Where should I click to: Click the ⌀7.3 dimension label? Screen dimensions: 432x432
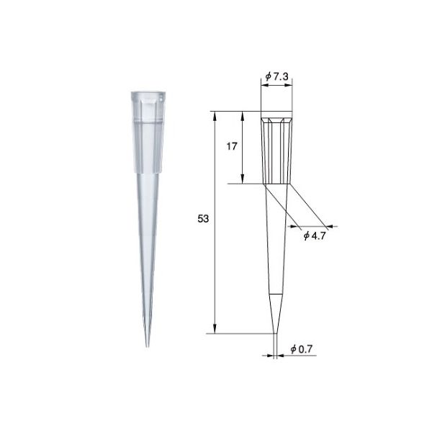[277, 76]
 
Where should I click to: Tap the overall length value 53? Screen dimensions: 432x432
[202, 222]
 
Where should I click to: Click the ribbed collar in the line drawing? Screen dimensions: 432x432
[276, 148]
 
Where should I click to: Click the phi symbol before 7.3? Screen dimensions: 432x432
[267, 76]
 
